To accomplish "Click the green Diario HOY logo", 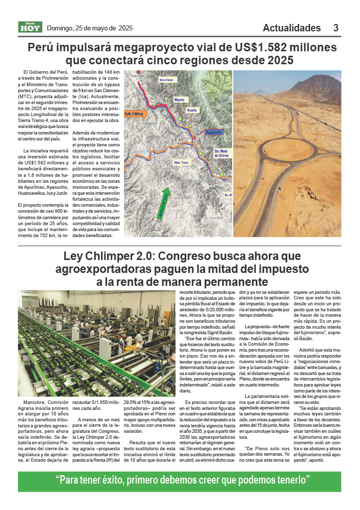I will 30,28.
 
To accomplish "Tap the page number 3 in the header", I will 336,28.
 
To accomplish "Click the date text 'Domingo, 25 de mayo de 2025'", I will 90,28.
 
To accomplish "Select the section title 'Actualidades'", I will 292,28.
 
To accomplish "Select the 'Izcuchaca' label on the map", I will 166,80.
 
